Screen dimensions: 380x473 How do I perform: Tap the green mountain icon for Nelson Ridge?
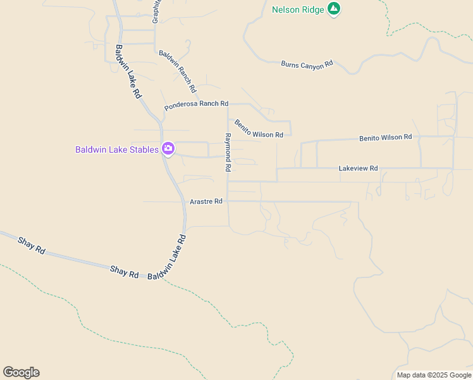[334, 9]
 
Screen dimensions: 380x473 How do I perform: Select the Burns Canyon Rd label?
[307, 64]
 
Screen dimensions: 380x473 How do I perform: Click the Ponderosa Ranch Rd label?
[196, 105]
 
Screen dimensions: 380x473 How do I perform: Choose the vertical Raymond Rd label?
[228, 153]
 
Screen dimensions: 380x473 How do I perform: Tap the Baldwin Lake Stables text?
[116, 149]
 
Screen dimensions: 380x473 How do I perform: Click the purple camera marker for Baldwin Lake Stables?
[168, 149]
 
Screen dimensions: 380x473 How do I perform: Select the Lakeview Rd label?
[358, 168]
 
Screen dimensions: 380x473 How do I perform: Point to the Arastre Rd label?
[206, 201]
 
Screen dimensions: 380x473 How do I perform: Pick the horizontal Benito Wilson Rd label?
[385, 137]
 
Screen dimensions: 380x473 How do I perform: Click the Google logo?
[21, 372]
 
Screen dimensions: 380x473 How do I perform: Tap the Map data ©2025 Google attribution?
[434, 375]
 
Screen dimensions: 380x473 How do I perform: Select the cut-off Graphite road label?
[156, 11]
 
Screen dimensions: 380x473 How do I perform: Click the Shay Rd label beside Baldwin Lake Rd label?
[124, 272]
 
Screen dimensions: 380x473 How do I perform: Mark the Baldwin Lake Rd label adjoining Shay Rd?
[167, 258]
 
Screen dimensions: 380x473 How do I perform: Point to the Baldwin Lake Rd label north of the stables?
[128, 70]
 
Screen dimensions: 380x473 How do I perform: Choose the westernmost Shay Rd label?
[32, 245]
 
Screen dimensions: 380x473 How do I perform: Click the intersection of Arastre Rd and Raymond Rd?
[228, 201]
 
